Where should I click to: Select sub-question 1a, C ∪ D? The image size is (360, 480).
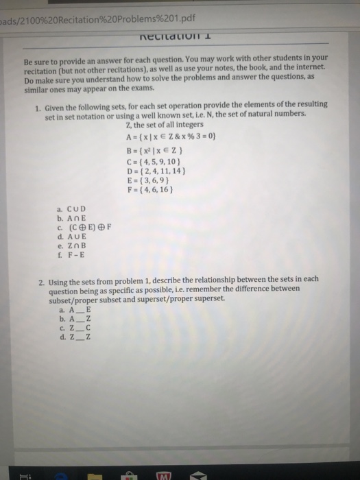(73, 208)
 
